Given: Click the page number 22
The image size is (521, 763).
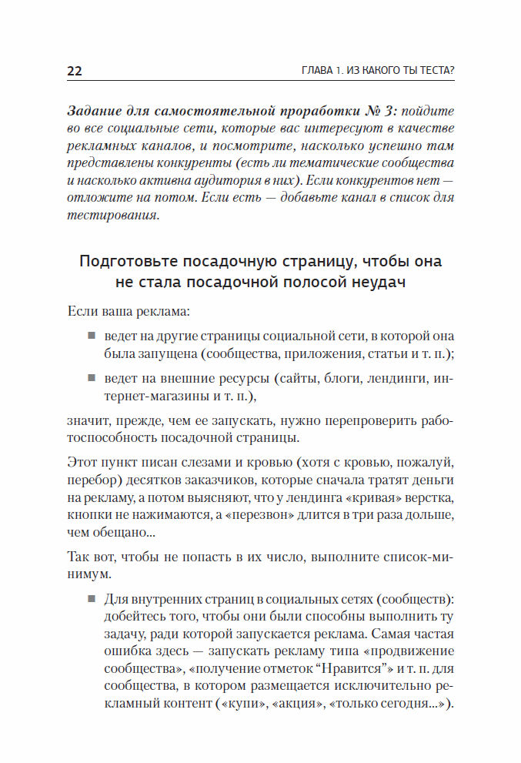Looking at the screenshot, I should coord(75,72).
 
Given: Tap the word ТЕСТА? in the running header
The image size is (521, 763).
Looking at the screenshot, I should coord(432,72).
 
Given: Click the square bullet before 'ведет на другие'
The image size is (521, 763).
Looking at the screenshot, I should coord(90,336).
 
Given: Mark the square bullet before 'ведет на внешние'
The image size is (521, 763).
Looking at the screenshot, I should coord(90,379).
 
